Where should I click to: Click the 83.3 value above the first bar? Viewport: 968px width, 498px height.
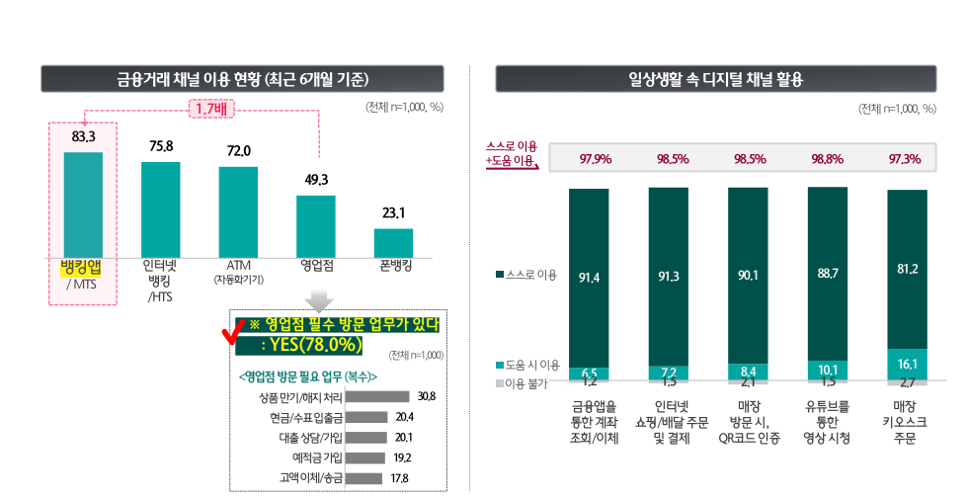coord(83,135)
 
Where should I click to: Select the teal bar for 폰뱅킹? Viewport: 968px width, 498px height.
coord(393,242)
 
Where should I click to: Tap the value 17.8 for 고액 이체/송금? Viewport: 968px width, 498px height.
coord(400,478)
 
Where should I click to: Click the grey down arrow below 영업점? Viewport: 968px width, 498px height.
coord(318,299)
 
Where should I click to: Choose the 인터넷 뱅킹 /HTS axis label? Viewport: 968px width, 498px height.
coord(160,281)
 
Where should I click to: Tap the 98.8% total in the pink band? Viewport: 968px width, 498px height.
coord(827,159)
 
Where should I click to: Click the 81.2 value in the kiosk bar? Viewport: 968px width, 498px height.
coord(907,269)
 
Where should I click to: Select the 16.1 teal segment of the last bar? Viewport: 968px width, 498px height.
coord(907,363)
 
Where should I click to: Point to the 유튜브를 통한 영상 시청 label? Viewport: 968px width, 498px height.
coord(826,421)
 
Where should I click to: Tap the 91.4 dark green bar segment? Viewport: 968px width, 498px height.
coord(589,277)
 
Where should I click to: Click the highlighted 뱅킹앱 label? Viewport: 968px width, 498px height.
coord(83,267)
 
